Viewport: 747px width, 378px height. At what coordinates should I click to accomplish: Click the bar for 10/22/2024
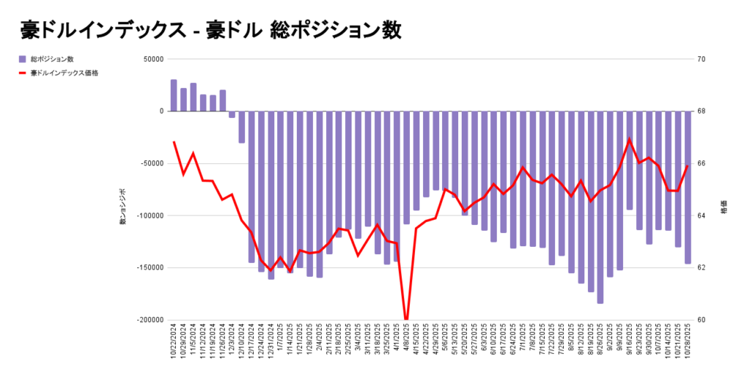coord(174,95)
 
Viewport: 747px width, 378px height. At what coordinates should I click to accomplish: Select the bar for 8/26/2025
coord(600,207)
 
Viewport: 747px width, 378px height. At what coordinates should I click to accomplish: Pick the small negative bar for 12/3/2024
coord(232,114)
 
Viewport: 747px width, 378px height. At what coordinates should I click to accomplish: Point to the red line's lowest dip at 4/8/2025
coord(406,318)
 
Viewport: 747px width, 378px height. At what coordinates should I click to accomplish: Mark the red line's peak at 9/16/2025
coord(630,139)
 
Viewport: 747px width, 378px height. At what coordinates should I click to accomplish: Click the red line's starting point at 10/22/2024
coord(174,142)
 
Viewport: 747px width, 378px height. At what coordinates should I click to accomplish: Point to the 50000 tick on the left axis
coord(152,59)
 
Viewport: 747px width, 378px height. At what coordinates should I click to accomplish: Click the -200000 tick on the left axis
coord(148,320)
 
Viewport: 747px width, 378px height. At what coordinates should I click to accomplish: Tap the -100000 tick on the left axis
coord(148,216)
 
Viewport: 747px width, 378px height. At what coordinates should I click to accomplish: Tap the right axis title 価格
coord(723,207)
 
